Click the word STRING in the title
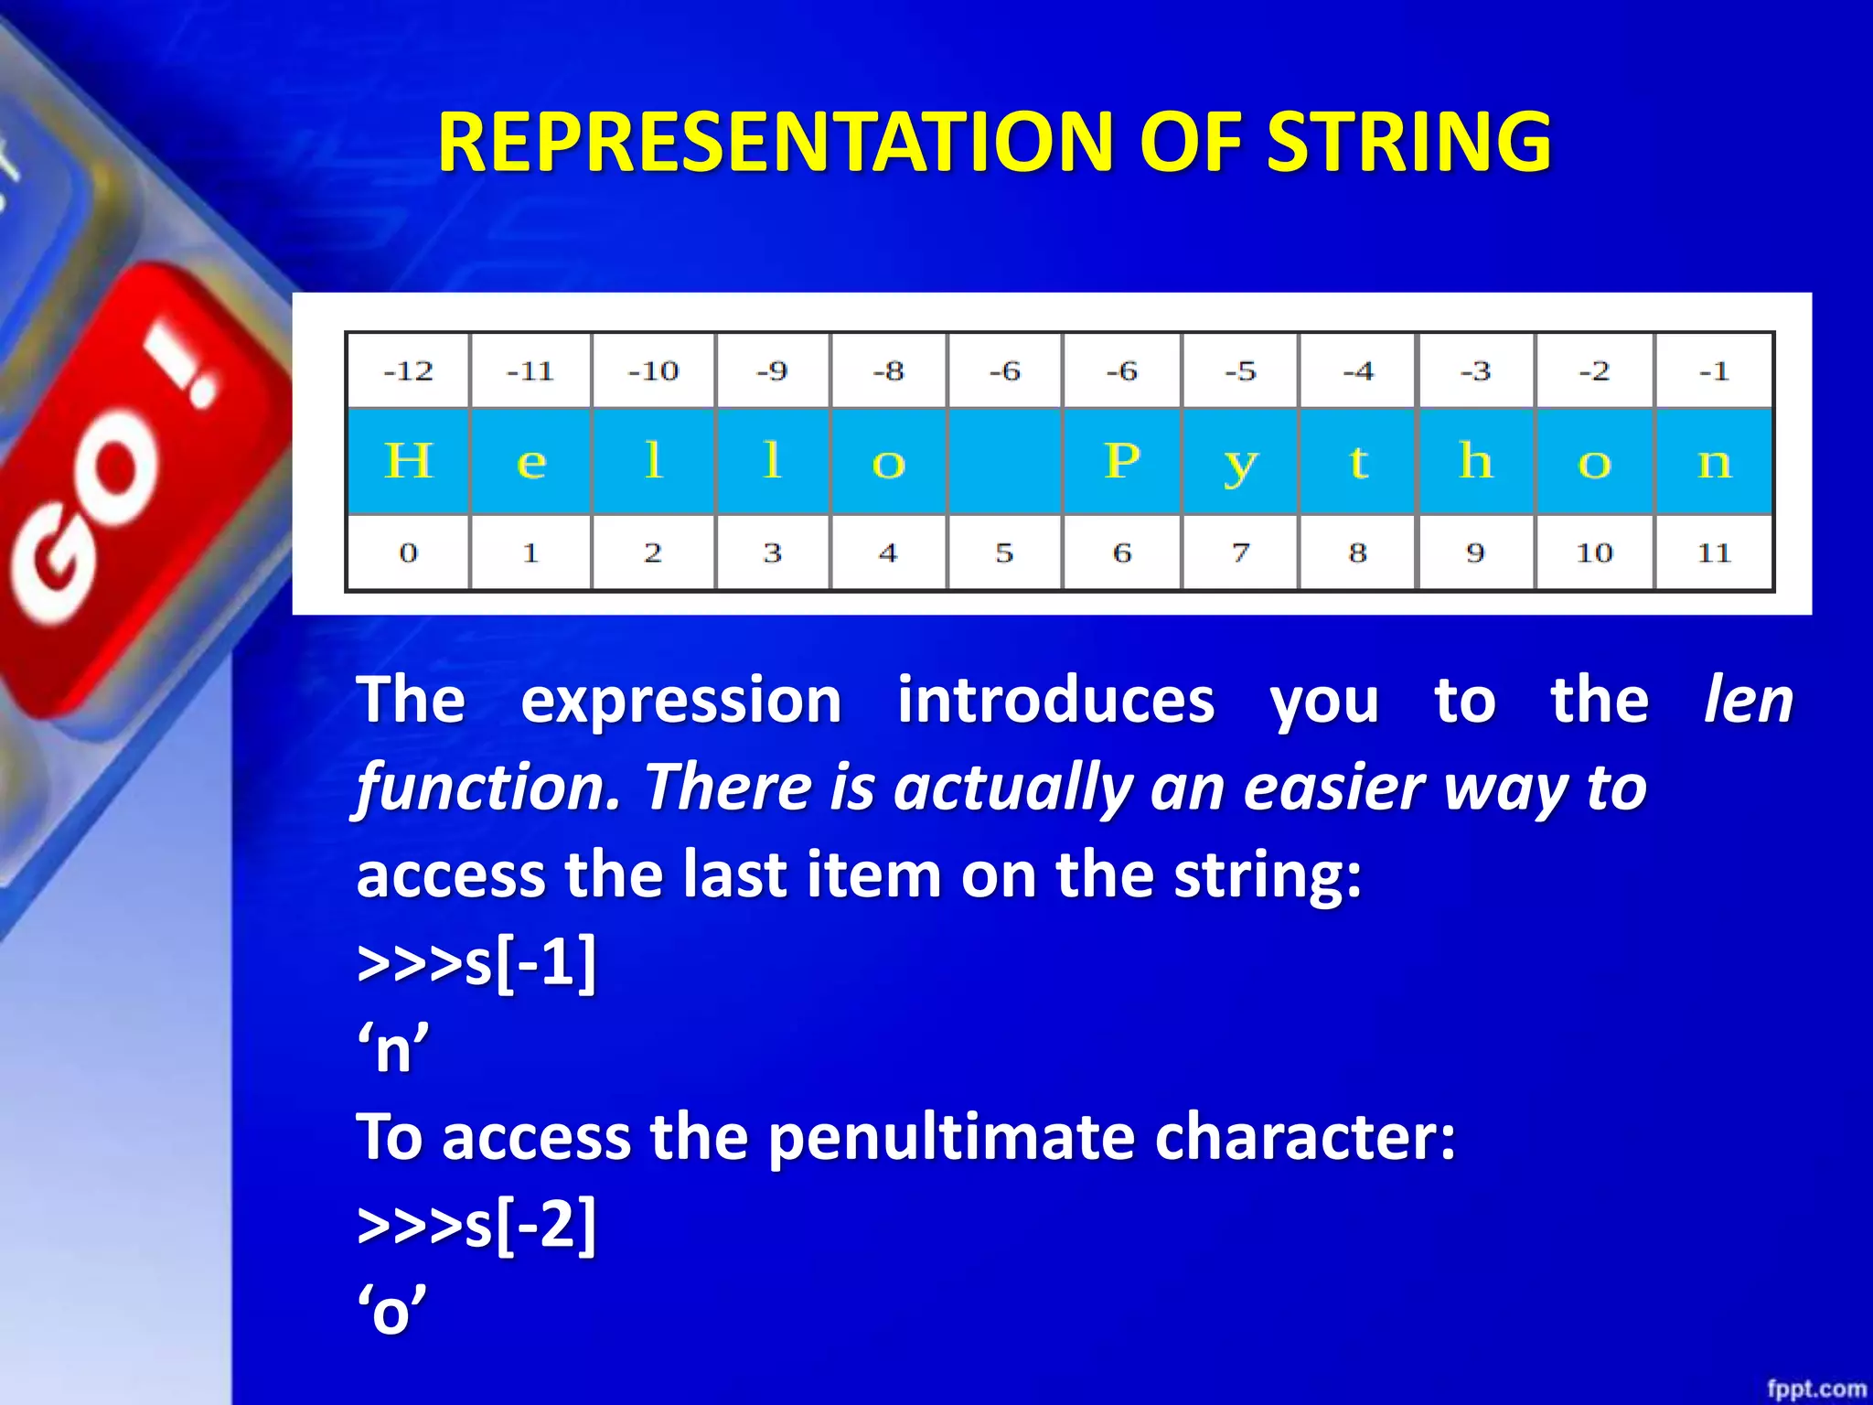(1408, 142)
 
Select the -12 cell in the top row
(408, 370)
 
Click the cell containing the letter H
(408, 460)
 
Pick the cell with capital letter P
(1122, 460)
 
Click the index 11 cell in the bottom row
(1714, 552)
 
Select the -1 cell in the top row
(1714, 370)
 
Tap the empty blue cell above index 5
(1004, 460)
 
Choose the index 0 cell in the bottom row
(408, 552)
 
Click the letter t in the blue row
(1358, 460)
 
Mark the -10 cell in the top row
(653, 370)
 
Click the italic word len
(1748, 700)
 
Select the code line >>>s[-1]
(476, 962)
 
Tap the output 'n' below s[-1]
(393, 1049)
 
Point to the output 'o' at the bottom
(391, 1311)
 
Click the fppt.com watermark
(1815, 1389)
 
